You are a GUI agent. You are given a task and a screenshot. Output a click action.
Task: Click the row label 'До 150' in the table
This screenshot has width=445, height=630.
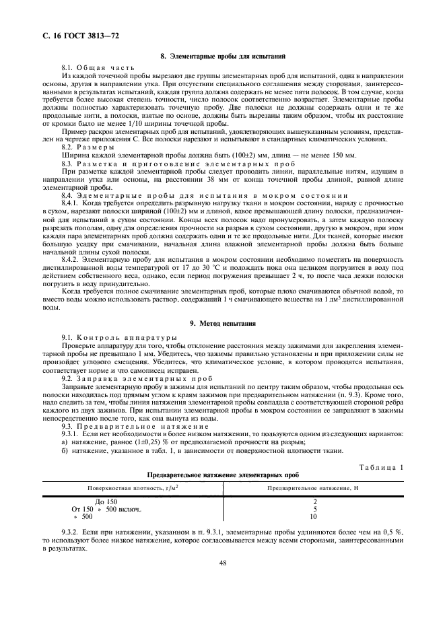[106, 501]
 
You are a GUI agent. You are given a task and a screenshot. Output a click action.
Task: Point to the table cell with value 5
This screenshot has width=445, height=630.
[314, 509]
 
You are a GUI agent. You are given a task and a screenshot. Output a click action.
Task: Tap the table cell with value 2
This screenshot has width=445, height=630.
[314, 501]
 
